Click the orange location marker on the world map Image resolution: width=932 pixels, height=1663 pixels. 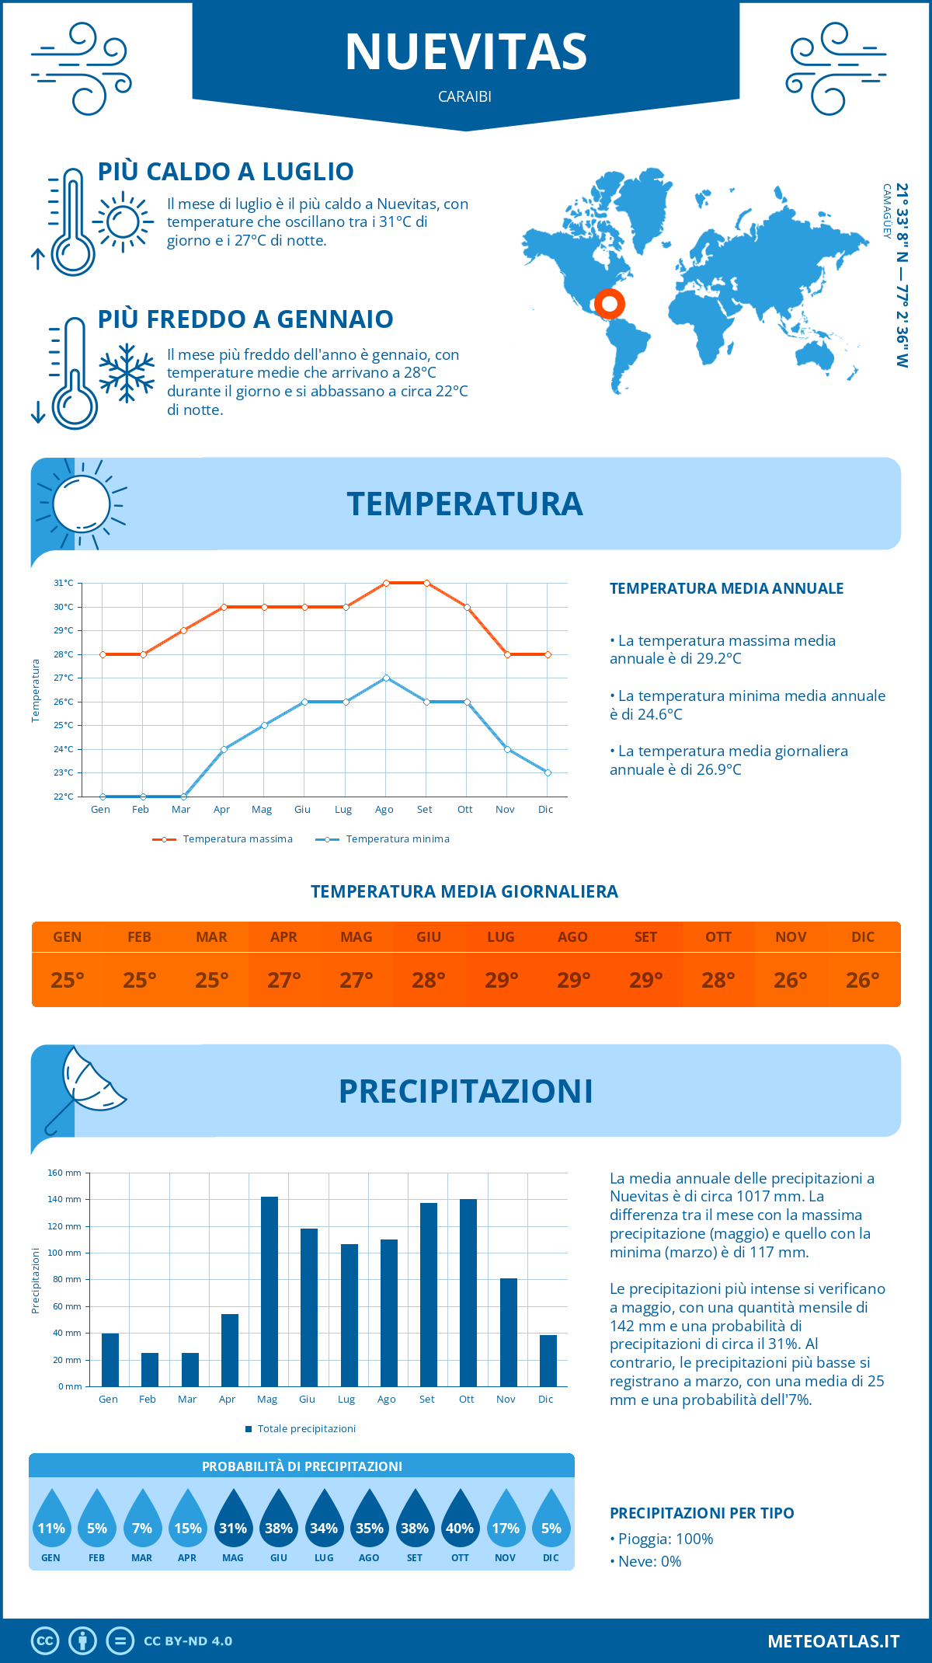click(x=609, y=303)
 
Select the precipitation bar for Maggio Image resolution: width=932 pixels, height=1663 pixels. click(x=270, y=1292)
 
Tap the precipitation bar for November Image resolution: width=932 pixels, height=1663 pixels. click(x=509, y=1332)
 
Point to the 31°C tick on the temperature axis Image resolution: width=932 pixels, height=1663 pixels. click(x=64, y=583)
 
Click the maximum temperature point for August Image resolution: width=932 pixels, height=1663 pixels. click(x=386, y=583)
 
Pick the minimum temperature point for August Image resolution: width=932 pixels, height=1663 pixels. click(x=386, y=678)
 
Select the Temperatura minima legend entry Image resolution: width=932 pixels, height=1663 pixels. click(x=383, y=839)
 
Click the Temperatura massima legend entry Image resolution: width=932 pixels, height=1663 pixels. click(x=223, y=839)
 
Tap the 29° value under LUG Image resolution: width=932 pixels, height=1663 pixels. click(x=501, y=980)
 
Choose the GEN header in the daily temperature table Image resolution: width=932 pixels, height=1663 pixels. click(x=68, y=937)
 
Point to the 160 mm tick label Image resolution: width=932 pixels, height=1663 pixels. click(x=65, y=1173)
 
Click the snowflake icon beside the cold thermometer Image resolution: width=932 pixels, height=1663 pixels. click(x=127, y=373)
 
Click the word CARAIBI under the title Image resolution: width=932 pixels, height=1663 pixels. click(x=465, y=97)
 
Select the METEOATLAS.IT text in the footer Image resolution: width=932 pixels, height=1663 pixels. click(x=833, y=1641)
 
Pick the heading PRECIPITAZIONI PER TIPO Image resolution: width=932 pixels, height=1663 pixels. click(x=701, y=1513)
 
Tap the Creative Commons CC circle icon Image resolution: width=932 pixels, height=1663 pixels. click(x=45, y=1641)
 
